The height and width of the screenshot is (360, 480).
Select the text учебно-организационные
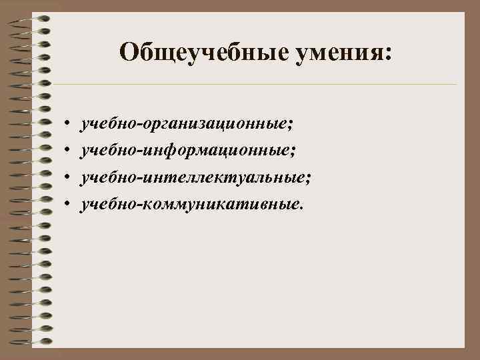pos(185,124)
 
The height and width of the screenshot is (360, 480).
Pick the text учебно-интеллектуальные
pos(193,177)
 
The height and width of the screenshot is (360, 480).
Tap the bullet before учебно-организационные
pos(68,125)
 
